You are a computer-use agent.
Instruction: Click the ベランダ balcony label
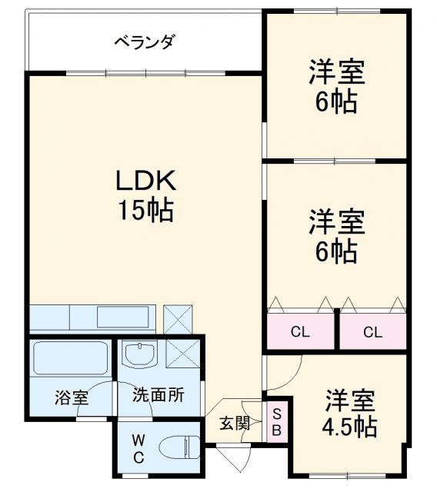144,42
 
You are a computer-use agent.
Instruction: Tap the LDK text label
146,181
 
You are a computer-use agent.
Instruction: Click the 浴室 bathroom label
71,398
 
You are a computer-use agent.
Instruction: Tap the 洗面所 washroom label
158,397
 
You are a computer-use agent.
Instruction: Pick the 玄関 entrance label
234,422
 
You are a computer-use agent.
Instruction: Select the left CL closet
300,332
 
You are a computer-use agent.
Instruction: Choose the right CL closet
373,332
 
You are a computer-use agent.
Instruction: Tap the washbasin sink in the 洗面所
140,354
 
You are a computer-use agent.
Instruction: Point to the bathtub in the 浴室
71,358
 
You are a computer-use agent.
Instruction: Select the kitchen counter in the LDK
92,317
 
